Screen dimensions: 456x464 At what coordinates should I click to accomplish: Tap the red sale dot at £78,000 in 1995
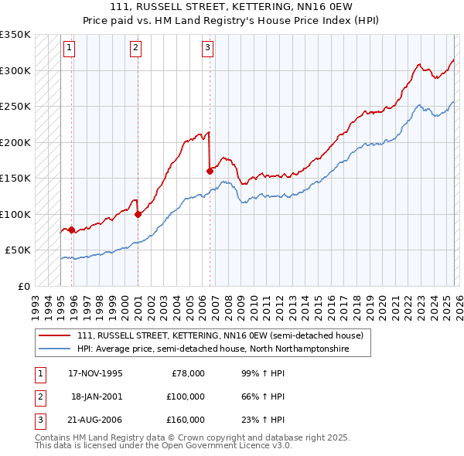point(72,230)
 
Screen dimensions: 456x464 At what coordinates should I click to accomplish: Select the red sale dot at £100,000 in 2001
point(138,214)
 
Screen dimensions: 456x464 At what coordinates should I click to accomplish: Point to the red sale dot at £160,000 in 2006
point(210,171)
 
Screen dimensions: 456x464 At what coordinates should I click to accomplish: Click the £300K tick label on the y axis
point(15,70)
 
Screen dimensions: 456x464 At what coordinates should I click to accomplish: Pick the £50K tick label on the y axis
point(19,250)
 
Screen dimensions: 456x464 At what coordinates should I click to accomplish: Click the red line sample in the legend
point(56,336)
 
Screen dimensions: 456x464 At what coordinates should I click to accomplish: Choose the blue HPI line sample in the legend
point(56,349)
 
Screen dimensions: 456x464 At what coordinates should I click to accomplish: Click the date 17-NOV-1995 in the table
point(95,373)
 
